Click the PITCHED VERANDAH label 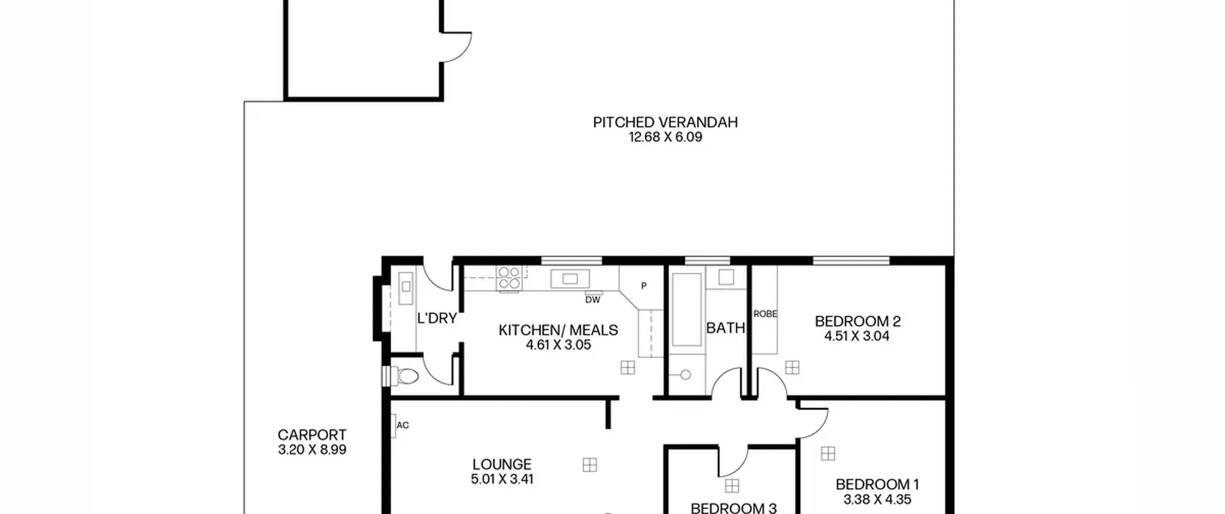665,122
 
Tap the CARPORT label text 312,435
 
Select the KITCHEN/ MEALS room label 558,330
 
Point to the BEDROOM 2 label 857,321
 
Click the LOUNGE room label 502,464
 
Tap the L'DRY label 437,318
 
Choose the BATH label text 725,328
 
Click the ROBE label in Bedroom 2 765,314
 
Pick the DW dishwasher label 592,300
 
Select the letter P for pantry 644,286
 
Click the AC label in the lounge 403,425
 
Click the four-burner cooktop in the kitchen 509,278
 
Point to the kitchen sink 569,279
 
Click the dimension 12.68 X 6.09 665,137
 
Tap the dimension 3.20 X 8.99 312,450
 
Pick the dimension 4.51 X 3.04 857,336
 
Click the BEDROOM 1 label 877,484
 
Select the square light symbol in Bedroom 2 792,367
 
